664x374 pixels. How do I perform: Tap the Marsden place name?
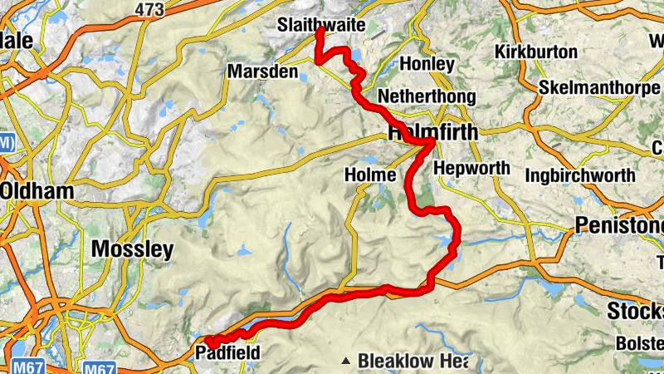tap(261, 71)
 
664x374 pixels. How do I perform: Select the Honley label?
tap(427, 63)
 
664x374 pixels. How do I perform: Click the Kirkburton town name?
tap(535, 52)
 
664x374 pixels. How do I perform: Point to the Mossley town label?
tap(132, 249)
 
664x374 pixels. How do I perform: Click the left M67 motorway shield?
tap(23, 367)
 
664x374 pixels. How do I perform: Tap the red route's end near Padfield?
tap(209, 342)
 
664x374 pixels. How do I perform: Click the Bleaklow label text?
tap(402, 361)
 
